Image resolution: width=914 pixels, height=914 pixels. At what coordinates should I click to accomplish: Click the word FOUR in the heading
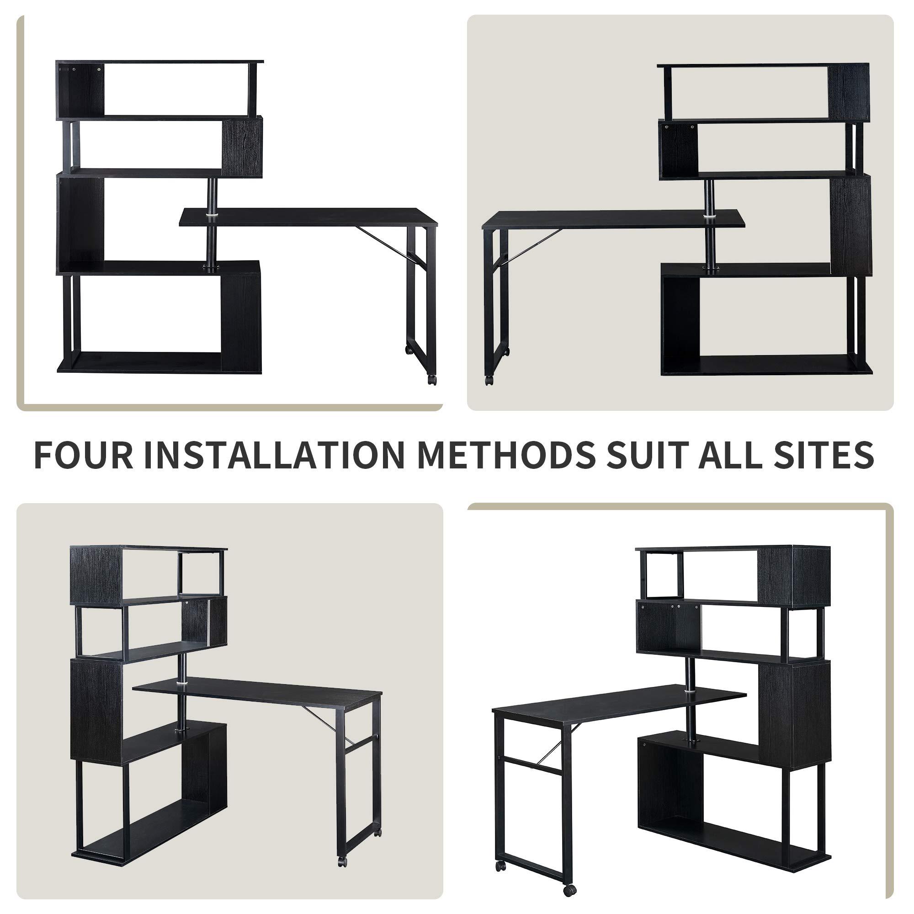(83, 455)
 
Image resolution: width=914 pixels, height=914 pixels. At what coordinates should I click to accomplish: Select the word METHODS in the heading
(505, 455)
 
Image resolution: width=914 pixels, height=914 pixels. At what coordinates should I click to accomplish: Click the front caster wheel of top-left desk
(431, 379)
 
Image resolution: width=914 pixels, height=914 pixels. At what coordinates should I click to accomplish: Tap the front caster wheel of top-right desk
(488, 380)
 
